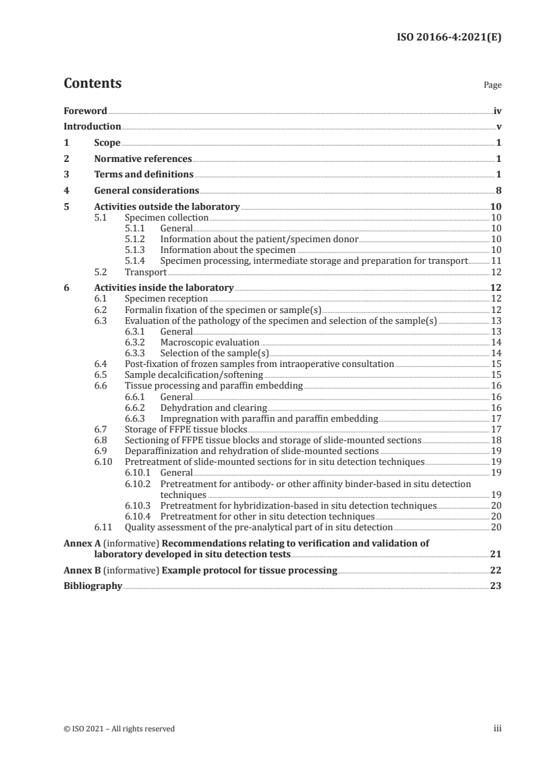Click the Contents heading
[92, 84]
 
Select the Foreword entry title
[85, 111]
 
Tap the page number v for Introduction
[499, 126]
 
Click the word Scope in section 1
[107, 143]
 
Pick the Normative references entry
[143, 159]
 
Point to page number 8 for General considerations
[499, 191]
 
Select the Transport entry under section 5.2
[146, 273]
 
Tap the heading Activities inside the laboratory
[164, 288]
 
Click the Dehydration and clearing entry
[213, 408]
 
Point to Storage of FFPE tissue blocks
[186, 428]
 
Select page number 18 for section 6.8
[496, 439]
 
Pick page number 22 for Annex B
[496, 570]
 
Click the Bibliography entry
[92, 586]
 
